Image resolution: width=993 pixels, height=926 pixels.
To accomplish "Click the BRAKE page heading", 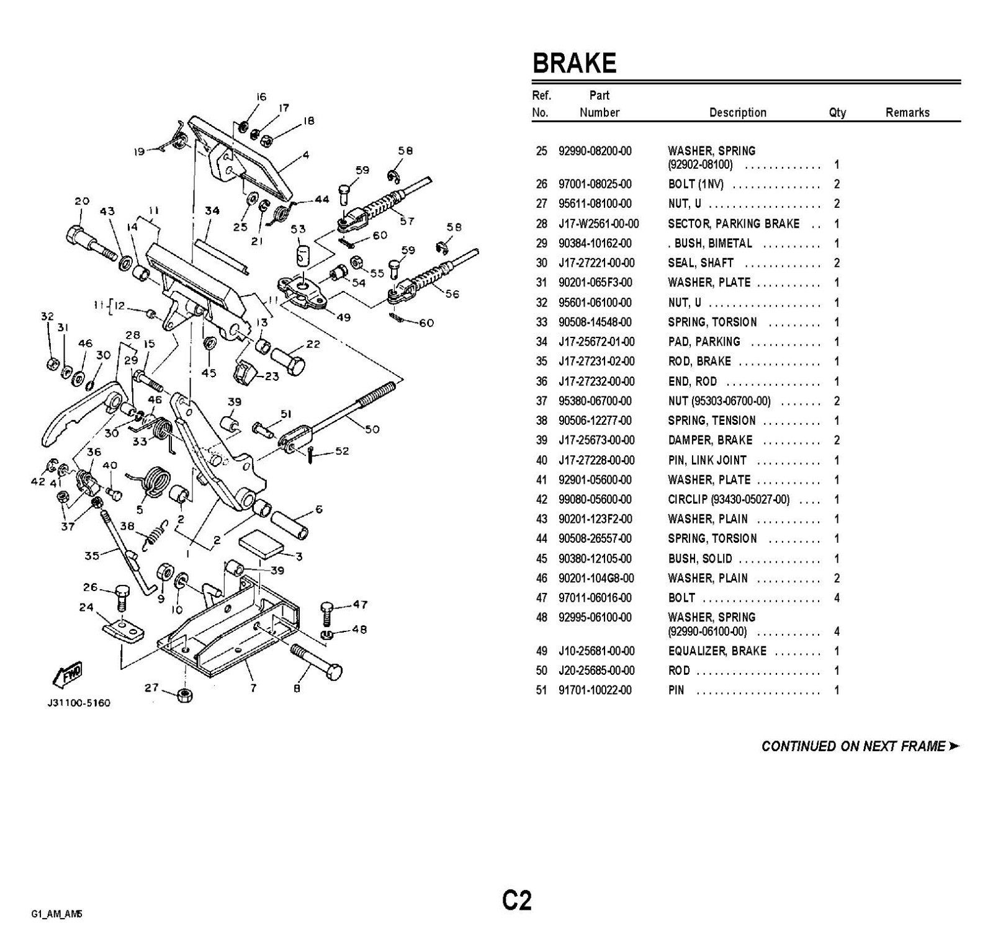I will click(x=574, y=63).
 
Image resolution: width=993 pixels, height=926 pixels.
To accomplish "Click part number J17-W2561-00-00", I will click(x=598, y=224).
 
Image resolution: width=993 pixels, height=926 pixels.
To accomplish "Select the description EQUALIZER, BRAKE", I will click(x=717, y=651).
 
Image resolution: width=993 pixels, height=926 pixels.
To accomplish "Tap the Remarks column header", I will click(x=907, y=112).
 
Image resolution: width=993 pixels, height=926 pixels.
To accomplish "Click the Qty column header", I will click(x=837, y=112).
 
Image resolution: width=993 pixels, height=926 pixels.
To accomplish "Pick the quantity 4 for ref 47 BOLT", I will click(x=837, y=598).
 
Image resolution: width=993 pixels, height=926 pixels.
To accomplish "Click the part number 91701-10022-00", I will click(x=595, y=690).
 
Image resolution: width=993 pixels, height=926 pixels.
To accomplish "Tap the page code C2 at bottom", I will click(x=516, y=900).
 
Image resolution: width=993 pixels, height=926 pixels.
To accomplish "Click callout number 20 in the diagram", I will click(x=82, y=201).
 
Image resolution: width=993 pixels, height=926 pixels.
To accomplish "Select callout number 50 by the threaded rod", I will click(x=372, y=429).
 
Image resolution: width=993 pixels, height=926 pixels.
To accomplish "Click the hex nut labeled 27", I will click(x=184, y=695).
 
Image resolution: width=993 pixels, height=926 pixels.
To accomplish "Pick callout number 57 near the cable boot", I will click(x=407, y=220).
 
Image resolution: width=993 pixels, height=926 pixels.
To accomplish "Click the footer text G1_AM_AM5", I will click(x=56, y=914).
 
